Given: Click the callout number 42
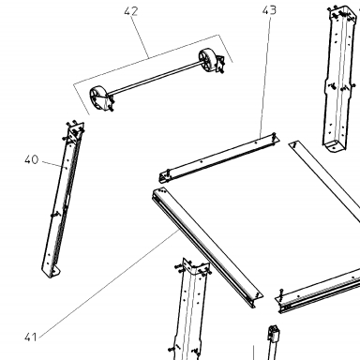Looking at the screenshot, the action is pyautogui.click(x=130, y=11).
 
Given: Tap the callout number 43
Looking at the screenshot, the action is pyautogui.click(x=269, y=10).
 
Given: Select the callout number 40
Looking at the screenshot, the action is pyautogui.click(x=31, y=159).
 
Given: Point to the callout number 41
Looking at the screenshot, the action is pyautogui.click(x=31, y=337).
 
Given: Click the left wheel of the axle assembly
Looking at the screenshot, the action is pyautogui.click(x=99, y=98).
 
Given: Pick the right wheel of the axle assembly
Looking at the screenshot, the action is pyautogui.click(x=207, y=59).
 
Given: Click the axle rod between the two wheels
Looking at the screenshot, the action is pyautogui.click(x=154, y=78).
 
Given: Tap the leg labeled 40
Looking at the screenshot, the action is pyautogui.click(x=62, y=200).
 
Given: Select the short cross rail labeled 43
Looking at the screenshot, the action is pyautogui.click(x=218, y=157).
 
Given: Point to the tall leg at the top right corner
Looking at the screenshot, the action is pyautogui.click(x=340, y=78).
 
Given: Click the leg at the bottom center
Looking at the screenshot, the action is pyautogui.click(x=191, y=309).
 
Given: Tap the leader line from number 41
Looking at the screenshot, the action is pyautogui.click(x=109, y=283).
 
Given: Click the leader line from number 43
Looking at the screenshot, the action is pyautogui.click(x=264, y=76).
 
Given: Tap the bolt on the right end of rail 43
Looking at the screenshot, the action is pyautogui.click(x=274, y=138).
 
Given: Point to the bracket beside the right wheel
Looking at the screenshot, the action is pyautogui.click(x=220, y=64).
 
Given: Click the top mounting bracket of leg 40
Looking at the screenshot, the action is pyautogui.click(x=75, y=129).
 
